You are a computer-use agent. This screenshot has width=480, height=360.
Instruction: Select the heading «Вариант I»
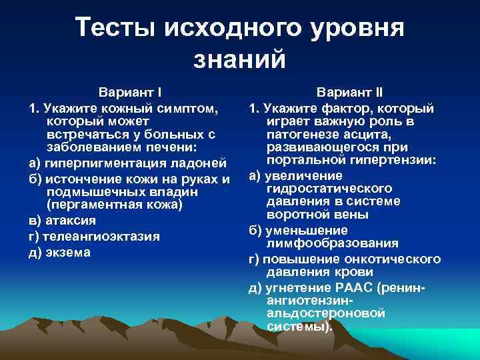(x=131, y=91)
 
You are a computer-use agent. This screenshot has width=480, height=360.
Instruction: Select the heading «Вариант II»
(x=349, y=91)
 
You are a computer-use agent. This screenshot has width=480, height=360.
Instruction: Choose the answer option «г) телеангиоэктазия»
(x=94, y=236)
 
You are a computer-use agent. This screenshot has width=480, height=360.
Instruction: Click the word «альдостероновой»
(x=325, y=314)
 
